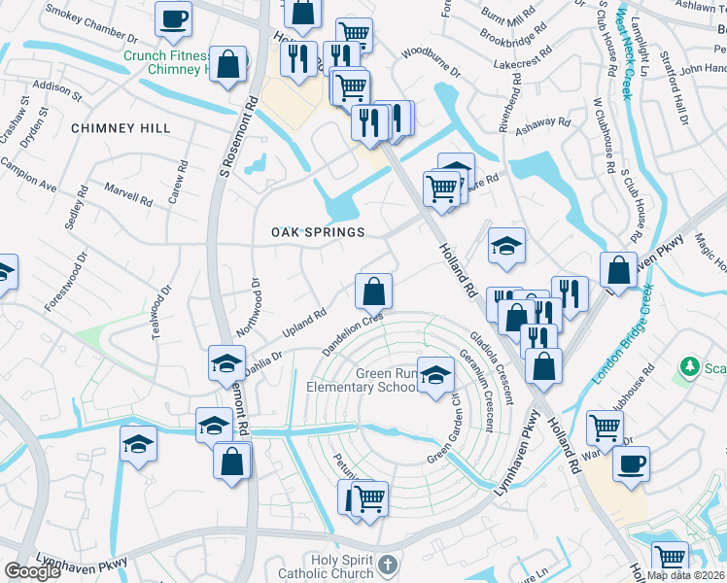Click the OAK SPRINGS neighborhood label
click(x=318, y=232)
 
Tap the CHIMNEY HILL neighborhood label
click(x=121, y=128)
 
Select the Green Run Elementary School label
click(x=362, y=380)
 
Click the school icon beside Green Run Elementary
click(x=435, y=375)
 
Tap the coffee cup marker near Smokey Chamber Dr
click(x=173, y=19)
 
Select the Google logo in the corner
click(x=32, y=571)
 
